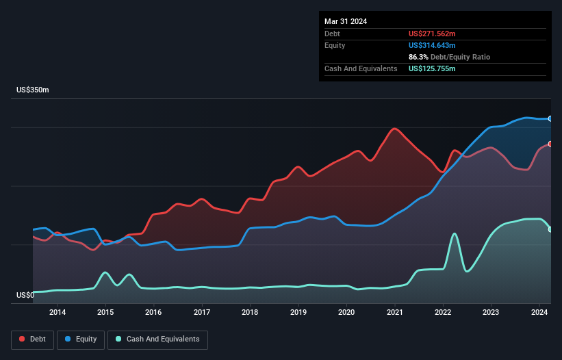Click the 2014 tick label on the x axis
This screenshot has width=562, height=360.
[x=58, y=313]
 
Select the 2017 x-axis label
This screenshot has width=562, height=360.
[x=202, y=313]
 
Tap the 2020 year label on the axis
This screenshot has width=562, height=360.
[x=346, y=313]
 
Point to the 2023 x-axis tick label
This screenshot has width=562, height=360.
[x=491, y=313]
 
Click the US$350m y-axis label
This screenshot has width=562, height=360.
[x=33, y=90]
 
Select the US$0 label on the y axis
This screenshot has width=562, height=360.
[x=25, y=296]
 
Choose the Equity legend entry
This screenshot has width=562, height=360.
[x=81, y=339]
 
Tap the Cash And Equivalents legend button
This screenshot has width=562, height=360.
[x=157, y=339]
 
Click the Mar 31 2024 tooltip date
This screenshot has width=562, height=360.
[x=346, y=21]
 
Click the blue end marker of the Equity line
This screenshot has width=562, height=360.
[x=550, y=118]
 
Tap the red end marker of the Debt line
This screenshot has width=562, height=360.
[x=550, y=144]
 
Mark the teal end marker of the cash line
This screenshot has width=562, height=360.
[x=550, y=229]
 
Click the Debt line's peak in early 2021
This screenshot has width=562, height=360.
[x=394, y=128]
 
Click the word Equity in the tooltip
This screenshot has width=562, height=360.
[x=335, y=45]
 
